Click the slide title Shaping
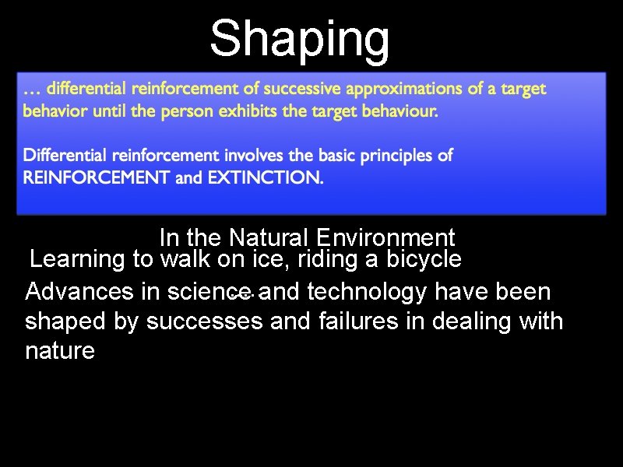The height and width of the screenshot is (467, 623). (300, 38)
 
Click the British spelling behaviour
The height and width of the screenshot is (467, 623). (399, 112)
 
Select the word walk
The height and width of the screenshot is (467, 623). (186, 258)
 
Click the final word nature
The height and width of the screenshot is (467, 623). (60, 351)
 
